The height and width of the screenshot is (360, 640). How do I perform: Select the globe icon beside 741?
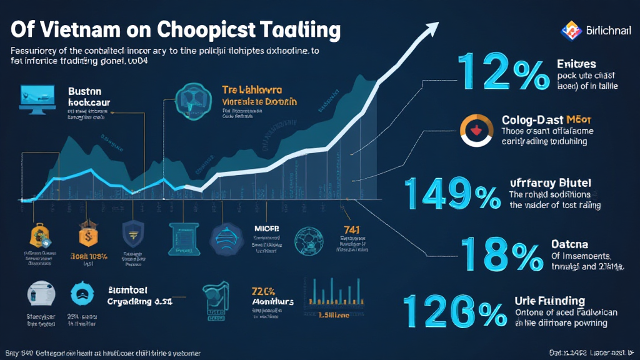(x=310, y=239)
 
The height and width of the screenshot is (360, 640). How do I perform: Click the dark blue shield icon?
(x=132, y=233)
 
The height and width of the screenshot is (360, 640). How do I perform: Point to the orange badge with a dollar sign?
(x=88, y=235)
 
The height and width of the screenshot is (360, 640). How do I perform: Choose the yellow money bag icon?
(x=40, y=236)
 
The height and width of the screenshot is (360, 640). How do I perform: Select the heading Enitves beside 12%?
(x=576, y=64)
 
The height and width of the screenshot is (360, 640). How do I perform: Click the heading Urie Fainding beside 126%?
(x=549, y=301)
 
